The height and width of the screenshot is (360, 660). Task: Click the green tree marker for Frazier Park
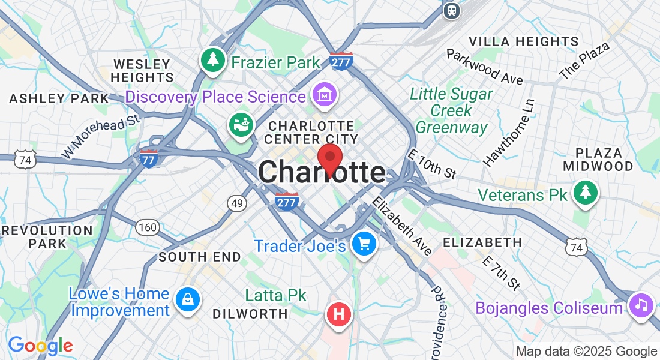pyautogui.click(x=212, y=59)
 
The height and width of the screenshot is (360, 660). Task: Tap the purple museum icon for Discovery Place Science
pyautogui.click(x=324, y=94)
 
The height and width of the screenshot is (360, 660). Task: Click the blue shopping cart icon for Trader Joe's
pyautogui.click(x=364, y=244)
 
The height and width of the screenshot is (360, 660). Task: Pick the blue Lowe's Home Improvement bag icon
pyautogui.click(x=187, y=299)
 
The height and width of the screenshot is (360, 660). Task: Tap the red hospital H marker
pyautogui.click(x=339, y=313)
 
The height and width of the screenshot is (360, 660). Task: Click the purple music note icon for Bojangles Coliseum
pyautogui.click(x=641, y=304)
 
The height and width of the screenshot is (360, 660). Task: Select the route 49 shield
pyautogui.click(x=237, y=203)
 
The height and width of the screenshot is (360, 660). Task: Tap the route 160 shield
pyautogui.click(x=147, y=227)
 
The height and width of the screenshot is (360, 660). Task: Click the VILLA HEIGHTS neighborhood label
pyautogui.click(x=524, y=41)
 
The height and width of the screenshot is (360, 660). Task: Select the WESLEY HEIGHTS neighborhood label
pyautogui.click(x=142, y=70)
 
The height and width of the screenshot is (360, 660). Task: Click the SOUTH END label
pyautogui.click(x=200, y=257)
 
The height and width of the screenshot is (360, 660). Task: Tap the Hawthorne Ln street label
pyautogui.click(x=509, y=133)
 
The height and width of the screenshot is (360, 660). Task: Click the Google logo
pyautogui.click(x=40, y=345)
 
